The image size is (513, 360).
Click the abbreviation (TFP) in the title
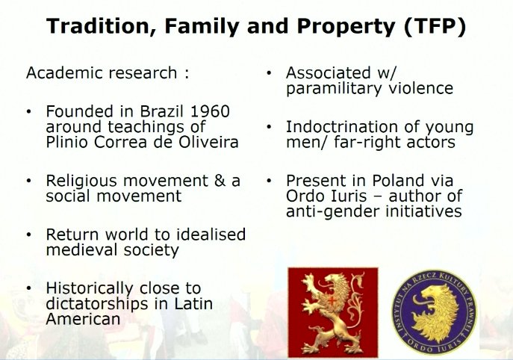[435, 26]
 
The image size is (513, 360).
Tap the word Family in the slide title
[202, 26]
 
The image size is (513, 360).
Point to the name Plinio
[67, 142]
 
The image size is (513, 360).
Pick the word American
[83, 319]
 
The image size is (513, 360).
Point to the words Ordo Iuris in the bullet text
[326, 196]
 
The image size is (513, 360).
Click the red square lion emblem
[333, 312]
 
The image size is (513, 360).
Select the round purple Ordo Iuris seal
[434, 312]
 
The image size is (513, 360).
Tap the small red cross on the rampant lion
[332, 300]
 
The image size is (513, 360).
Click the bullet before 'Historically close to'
[29, 288]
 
